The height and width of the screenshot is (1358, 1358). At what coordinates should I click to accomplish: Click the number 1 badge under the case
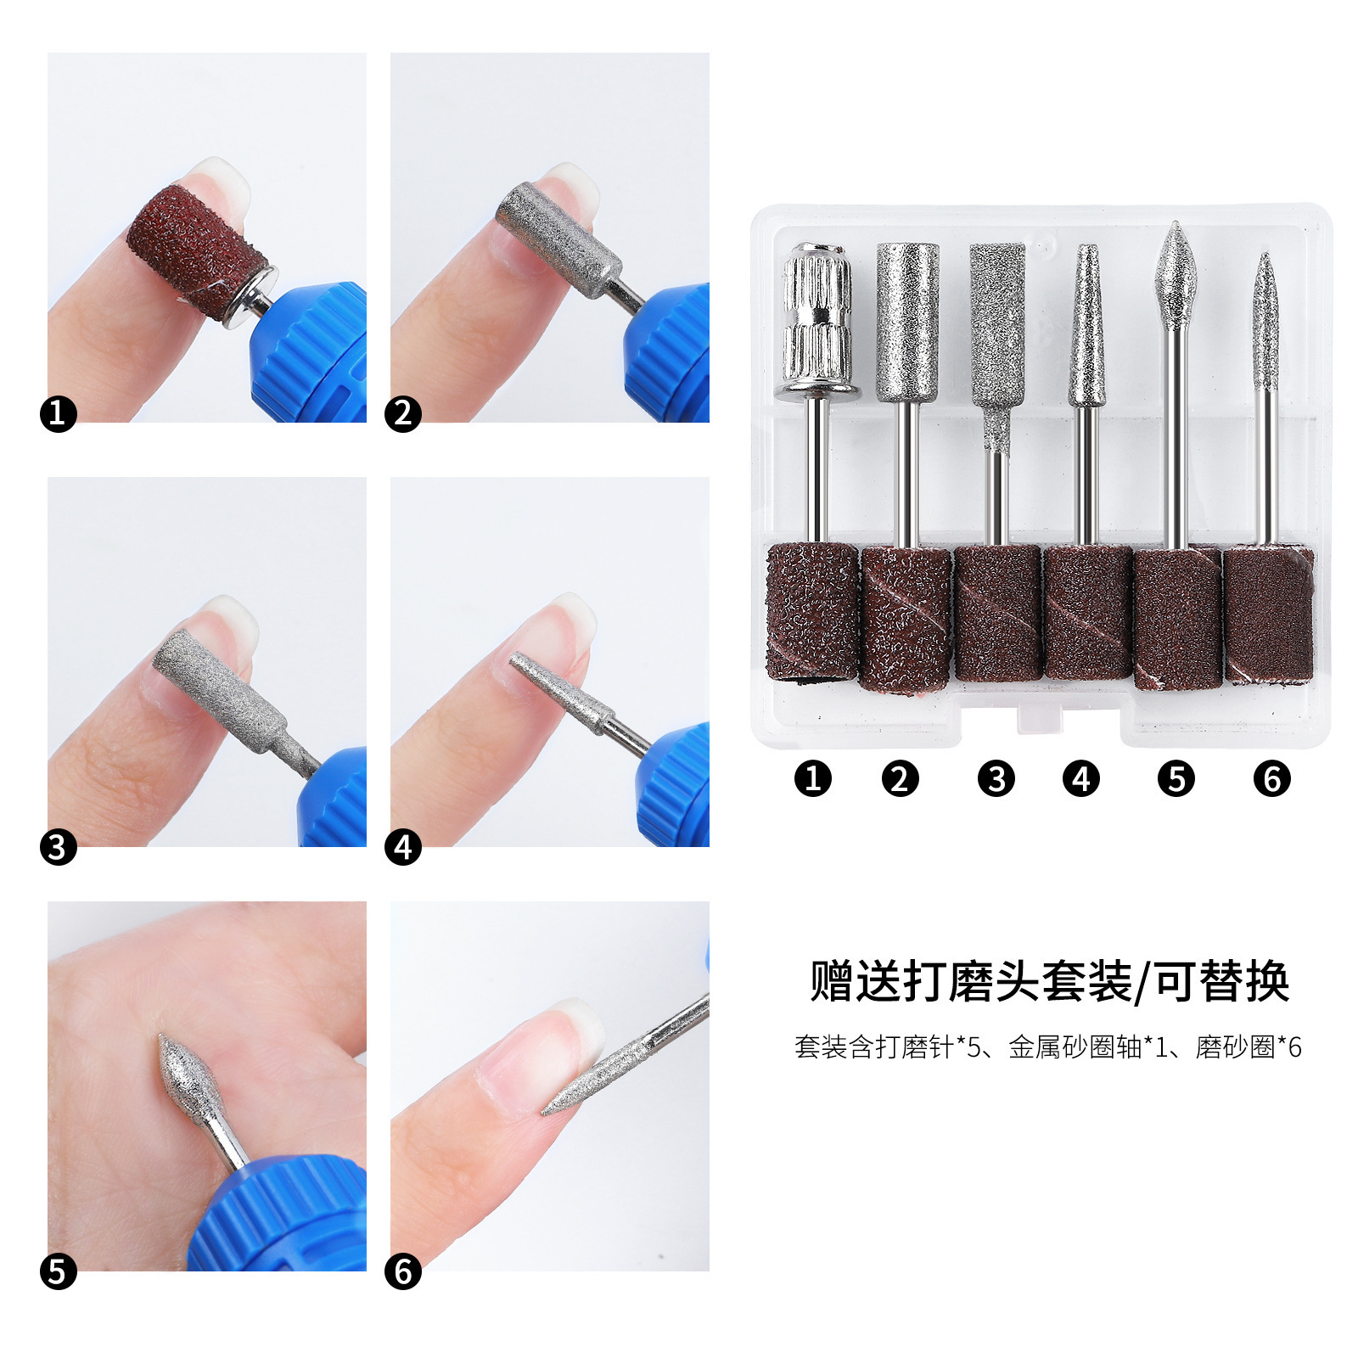[x=813, y=778]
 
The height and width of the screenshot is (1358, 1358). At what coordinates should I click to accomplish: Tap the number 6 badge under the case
[x=1271, y=778]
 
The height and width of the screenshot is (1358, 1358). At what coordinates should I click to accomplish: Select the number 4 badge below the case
[x=1080, y=778]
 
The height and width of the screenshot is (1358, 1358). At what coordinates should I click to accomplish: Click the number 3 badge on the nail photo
[x=58, y=847]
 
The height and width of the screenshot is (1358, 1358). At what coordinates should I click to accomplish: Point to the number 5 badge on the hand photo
[x=58, y=1271]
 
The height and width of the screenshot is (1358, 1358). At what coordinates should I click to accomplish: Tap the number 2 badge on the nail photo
[x=403, y=413]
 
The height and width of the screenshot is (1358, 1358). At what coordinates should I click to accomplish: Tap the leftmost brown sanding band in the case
[x=812, y=612]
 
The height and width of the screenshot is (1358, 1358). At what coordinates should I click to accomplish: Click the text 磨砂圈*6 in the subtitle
[x=1248, y=1047]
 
